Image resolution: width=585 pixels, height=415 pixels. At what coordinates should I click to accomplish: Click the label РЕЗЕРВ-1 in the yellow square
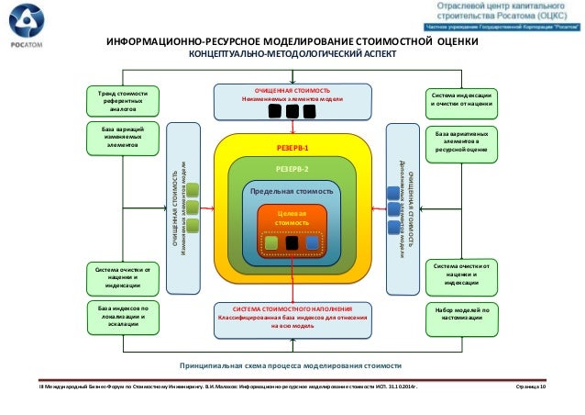click(292, 147)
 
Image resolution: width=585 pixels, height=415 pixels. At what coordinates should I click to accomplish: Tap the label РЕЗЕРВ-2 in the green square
click(292, 169)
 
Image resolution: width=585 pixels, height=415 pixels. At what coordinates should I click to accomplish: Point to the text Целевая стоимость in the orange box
click(292, 218)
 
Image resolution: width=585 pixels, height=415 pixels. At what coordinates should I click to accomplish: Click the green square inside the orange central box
click(270, 243)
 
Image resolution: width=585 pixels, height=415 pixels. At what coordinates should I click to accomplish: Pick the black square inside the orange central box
click(292, 243)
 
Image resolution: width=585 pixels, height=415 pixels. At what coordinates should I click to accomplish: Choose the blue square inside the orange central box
click(313, 243)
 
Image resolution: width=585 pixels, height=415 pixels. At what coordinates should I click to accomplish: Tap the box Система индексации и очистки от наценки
click(462, 99)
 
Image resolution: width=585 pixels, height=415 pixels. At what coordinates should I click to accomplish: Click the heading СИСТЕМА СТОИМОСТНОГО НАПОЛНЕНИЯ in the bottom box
click(292, 309)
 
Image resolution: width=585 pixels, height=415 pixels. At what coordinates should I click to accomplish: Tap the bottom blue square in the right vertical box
click(392, 225)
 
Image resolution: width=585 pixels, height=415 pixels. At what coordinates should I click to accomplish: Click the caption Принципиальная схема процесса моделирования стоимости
click(291, 365)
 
